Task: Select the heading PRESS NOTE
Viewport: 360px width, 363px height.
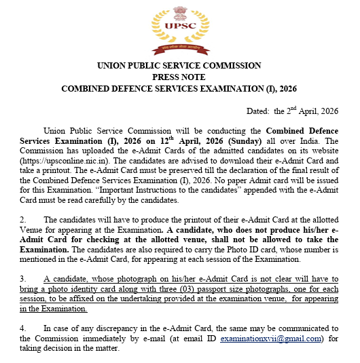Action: point(179,77)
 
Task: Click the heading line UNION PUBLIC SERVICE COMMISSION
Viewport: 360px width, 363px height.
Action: point(179,66)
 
